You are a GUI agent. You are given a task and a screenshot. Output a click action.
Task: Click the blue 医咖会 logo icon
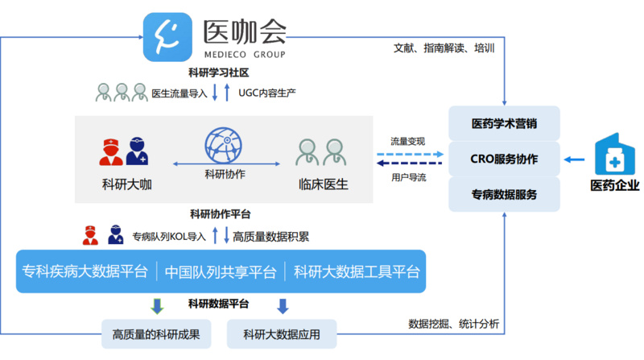[167, 37]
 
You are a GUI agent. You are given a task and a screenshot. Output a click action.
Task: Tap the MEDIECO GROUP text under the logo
[245, 55]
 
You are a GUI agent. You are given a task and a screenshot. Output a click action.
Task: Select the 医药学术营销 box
[504, 123]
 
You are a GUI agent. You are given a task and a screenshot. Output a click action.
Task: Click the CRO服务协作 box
[504, 159]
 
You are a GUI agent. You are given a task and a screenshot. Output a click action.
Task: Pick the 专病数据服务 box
[504, 194]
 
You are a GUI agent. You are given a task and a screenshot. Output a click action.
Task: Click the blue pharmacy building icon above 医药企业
[615, 154]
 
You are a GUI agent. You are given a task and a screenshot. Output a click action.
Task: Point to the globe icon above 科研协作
[224, 145]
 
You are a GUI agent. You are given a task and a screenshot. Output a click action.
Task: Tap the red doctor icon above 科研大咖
[111, 152]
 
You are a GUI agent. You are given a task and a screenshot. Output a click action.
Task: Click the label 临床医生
[324, 184]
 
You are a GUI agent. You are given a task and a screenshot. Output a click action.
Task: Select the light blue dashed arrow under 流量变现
[411, 154]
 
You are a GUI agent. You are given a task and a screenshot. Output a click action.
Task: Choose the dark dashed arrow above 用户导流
[410, 163]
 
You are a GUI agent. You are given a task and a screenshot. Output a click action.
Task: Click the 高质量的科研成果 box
[156, 334]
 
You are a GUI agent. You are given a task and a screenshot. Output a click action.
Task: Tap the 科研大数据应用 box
[282, 334]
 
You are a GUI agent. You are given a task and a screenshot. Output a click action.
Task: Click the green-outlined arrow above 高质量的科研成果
[157, 306]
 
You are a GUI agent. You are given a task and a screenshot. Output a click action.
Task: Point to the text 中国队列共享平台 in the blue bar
[221, 271]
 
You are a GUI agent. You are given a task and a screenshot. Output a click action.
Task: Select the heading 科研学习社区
[218, 72]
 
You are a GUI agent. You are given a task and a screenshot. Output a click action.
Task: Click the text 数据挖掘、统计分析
[453, 324]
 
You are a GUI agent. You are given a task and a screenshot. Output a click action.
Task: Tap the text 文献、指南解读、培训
[444, 48]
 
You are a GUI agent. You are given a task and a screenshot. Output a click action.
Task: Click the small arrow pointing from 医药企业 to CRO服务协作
[574, 159]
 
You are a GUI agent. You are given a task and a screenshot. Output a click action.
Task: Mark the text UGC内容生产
[267, 93]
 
